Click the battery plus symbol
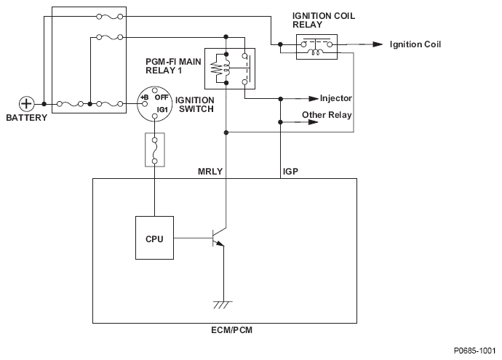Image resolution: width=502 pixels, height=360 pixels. click(26, 104)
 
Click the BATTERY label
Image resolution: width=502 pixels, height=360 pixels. click(27, 118)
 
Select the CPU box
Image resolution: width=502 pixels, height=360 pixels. click(155, 238)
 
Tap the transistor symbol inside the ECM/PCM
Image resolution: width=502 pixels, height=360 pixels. click(218, 238)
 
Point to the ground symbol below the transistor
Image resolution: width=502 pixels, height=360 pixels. click(223, 305)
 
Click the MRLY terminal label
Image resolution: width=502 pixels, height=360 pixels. click(210, 172)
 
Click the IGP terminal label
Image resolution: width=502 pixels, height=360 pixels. click(290, 172)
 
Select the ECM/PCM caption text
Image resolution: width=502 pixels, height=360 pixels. click(232, 330)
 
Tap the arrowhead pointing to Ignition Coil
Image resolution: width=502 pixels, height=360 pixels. click(378, 44)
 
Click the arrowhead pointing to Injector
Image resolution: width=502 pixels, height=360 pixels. click(314, 99)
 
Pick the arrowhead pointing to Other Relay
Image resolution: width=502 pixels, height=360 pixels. click(313, 122)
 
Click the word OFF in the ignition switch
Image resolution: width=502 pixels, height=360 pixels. click(162, 97)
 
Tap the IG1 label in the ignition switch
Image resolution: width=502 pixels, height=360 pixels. click(162, 109)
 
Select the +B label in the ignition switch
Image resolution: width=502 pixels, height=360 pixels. click(144, 97)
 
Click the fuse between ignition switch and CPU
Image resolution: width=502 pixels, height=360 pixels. click(155, 150)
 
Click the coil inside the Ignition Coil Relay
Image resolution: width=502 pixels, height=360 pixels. click(315, 52)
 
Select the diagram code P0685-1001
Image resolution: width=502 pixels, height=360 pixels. click(474, 351)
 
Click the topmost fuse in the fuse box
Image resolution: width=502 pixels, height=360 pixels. click(109, 17)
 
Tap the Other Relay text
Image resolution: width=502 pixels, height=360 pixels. click(327, 115)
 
